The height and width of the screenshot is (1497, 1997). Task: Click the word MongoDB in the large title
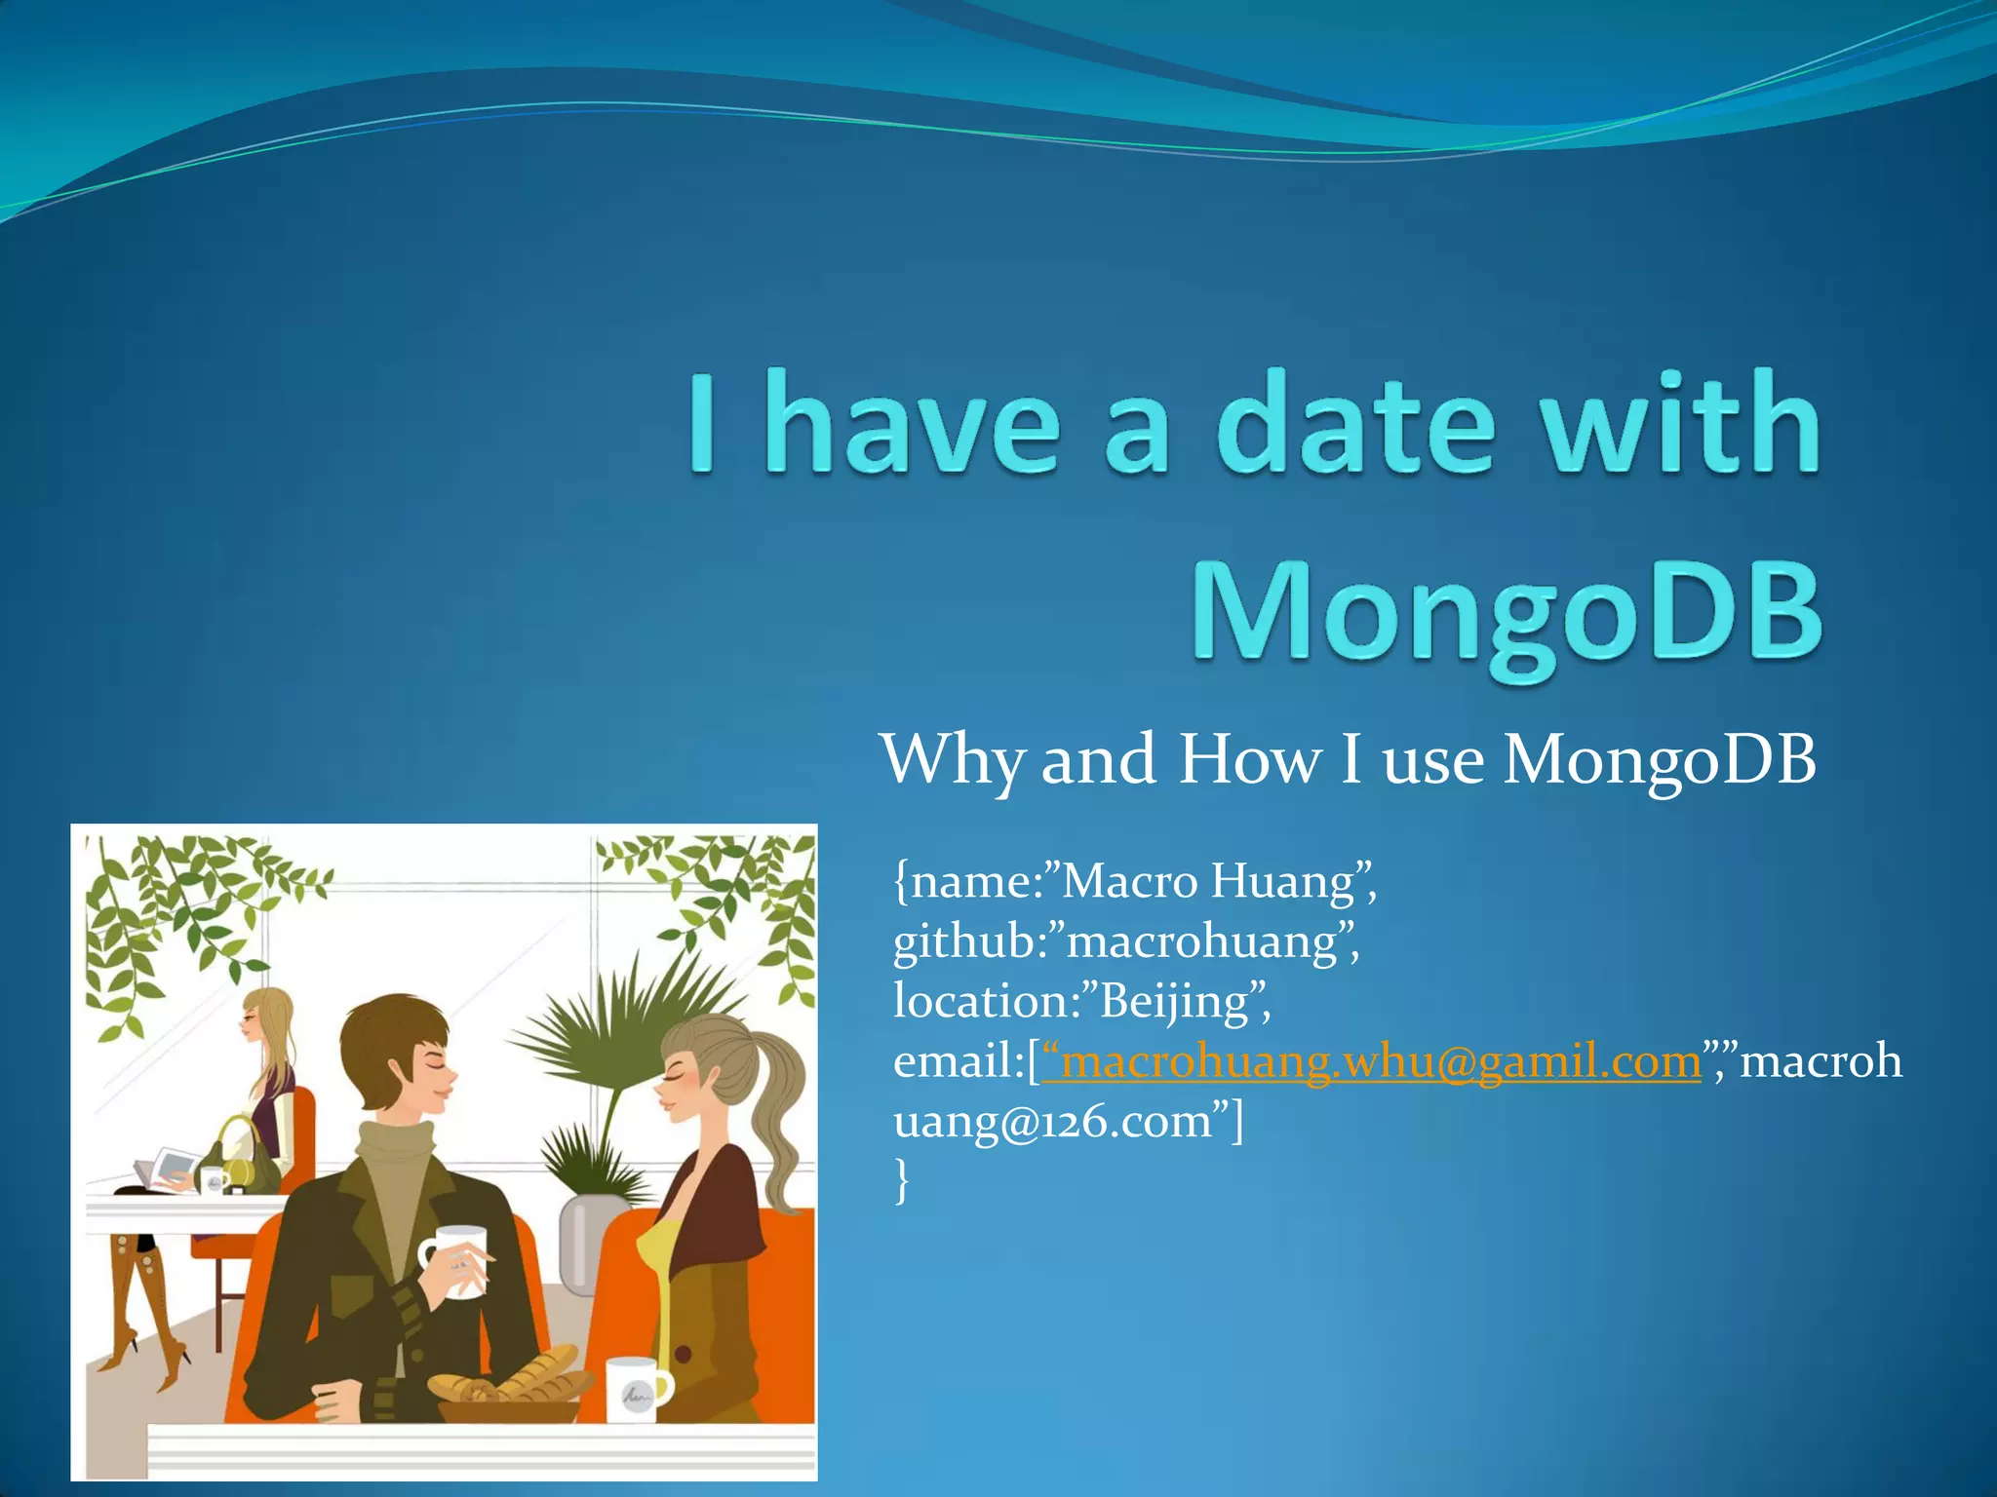point(1507,614)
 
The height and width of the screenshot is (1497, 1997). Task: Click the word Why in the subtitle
point(951,760)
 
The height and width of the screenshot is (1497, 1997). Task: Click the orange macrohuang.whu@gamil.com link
point(1370,1062)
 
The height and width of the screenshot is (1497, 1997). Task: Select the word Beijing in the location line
point(1175,1002)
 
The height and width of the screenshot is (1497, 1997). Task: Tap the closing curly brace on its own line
point(901,1181)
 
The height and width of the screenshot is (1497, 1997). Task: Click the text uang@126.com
point(1053,1122)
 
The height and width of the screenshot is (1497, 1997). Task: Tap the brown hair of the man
point(390,1033)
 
